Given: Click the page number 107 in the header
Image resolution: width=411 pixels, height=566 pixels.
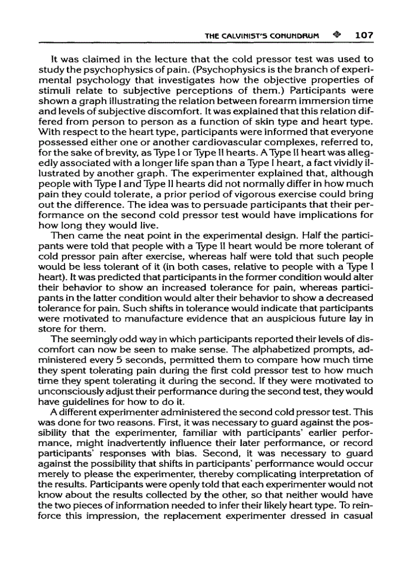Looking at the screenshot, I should (x=363, y=35).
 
